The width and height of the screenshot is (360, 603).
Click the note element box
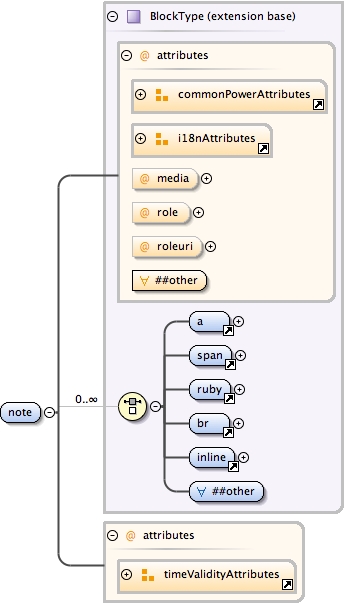(x=19, y=412)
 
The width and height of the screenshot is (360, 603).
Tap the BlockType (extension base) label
(x=209, y=17)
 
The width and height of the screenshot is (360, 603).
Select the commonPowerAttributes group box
(x=229, y=96)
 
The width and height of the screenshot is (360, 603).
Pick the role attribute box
(x=160, y=212)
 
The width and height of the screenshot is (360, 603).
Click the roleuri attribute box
(x=167, y=246)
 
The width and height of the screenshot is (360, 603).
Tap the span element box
(x=211, y=355)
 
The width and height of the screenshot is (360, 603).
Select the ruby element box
(x=211, y=390)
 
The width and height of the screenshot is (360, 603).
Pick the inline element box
(x=213, y=458)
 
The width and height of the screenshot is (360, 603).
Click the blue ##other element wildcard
(x=231, y=491)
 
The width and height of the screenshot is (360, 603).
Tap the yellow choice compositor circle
(x=131, y=406)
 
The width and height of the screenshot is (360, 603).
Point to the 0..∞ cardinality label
(x=86, y=399)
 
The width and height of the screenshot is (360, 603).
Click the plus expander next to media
(x=207, y=179)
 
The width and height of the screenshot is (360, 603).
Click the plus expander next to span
(x=240, y=355)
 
